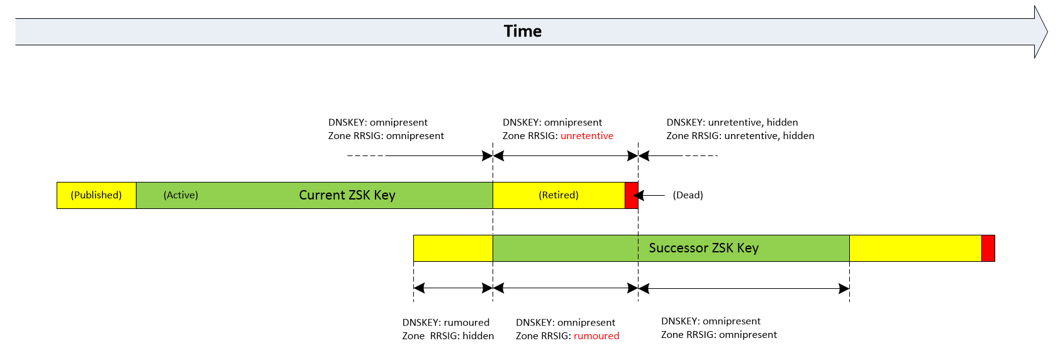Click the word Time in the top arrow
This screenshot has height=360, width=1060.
(522, 31)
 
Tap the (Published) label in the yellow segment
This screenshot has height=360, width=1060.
(96, 195)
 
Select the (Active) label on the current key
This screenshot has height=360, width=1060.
(181, 195)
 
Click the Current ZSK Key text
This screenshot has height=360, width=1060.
(347, 195)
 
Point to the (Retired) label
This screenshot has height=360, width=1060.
(558, 195)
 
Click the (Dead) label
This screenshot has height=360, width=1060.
(688, 195)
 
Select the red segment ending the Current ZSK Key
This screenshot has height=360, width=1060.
(631, 195)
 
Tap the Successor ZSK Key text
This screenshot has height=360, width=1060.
(703, 248)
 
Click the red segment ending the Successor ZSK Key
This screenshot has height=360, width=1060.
(988, 248)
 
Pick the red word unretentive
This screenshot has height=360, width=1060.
(586, 136)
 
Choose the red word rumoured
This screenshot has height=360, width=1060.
(596, 336)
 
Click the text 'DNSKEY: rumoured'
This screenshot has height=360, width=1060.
(445, 323)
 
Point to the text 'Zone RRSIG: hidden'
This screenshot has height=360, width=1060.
(448, 336)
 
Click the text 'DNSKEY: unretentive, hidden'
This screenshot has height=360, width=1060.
(732, 123)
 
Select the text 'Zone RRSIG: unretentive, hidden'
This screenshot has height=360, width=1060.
(740, 136)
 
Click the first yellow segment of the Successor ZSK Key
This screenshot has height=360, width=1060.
(453, 248)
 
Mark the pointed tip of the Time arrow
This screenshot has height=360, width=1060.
(1046, 31)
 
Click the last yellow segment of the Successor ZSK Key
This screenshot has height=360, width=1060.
(915, 248)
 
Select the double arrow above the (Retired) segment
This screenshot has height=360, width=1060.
(566, 155)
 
